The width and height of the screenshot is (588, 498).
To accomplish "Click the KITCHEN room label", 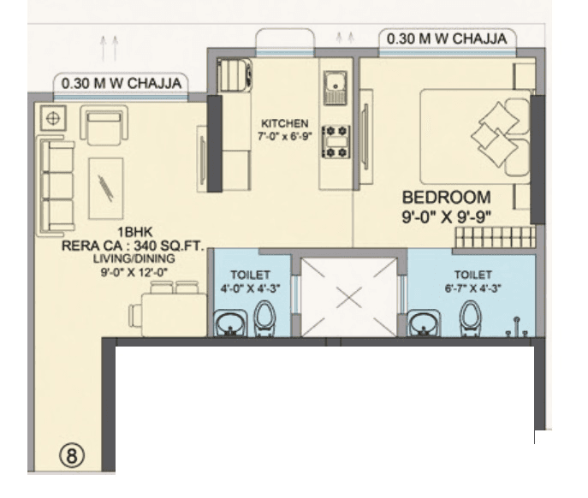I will pos(285,123).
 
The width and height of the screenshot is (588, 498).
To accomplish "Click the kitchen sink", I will pos(334,86).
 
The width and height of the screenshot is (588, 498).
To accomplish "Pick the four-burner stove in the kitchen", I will pos(335,141).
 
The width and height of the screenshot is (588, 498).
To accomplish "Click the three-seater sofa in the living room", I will pos(58,184).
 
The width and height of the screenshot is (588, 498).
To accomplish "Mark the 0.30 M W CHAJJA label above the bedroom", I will pos(447,39).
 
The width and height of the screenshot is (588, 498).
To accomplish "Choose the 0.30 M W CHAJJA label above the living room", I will pos(122,83).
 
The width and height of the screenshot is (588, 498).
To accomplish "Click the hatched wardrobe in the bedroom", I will pos(495,237).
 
